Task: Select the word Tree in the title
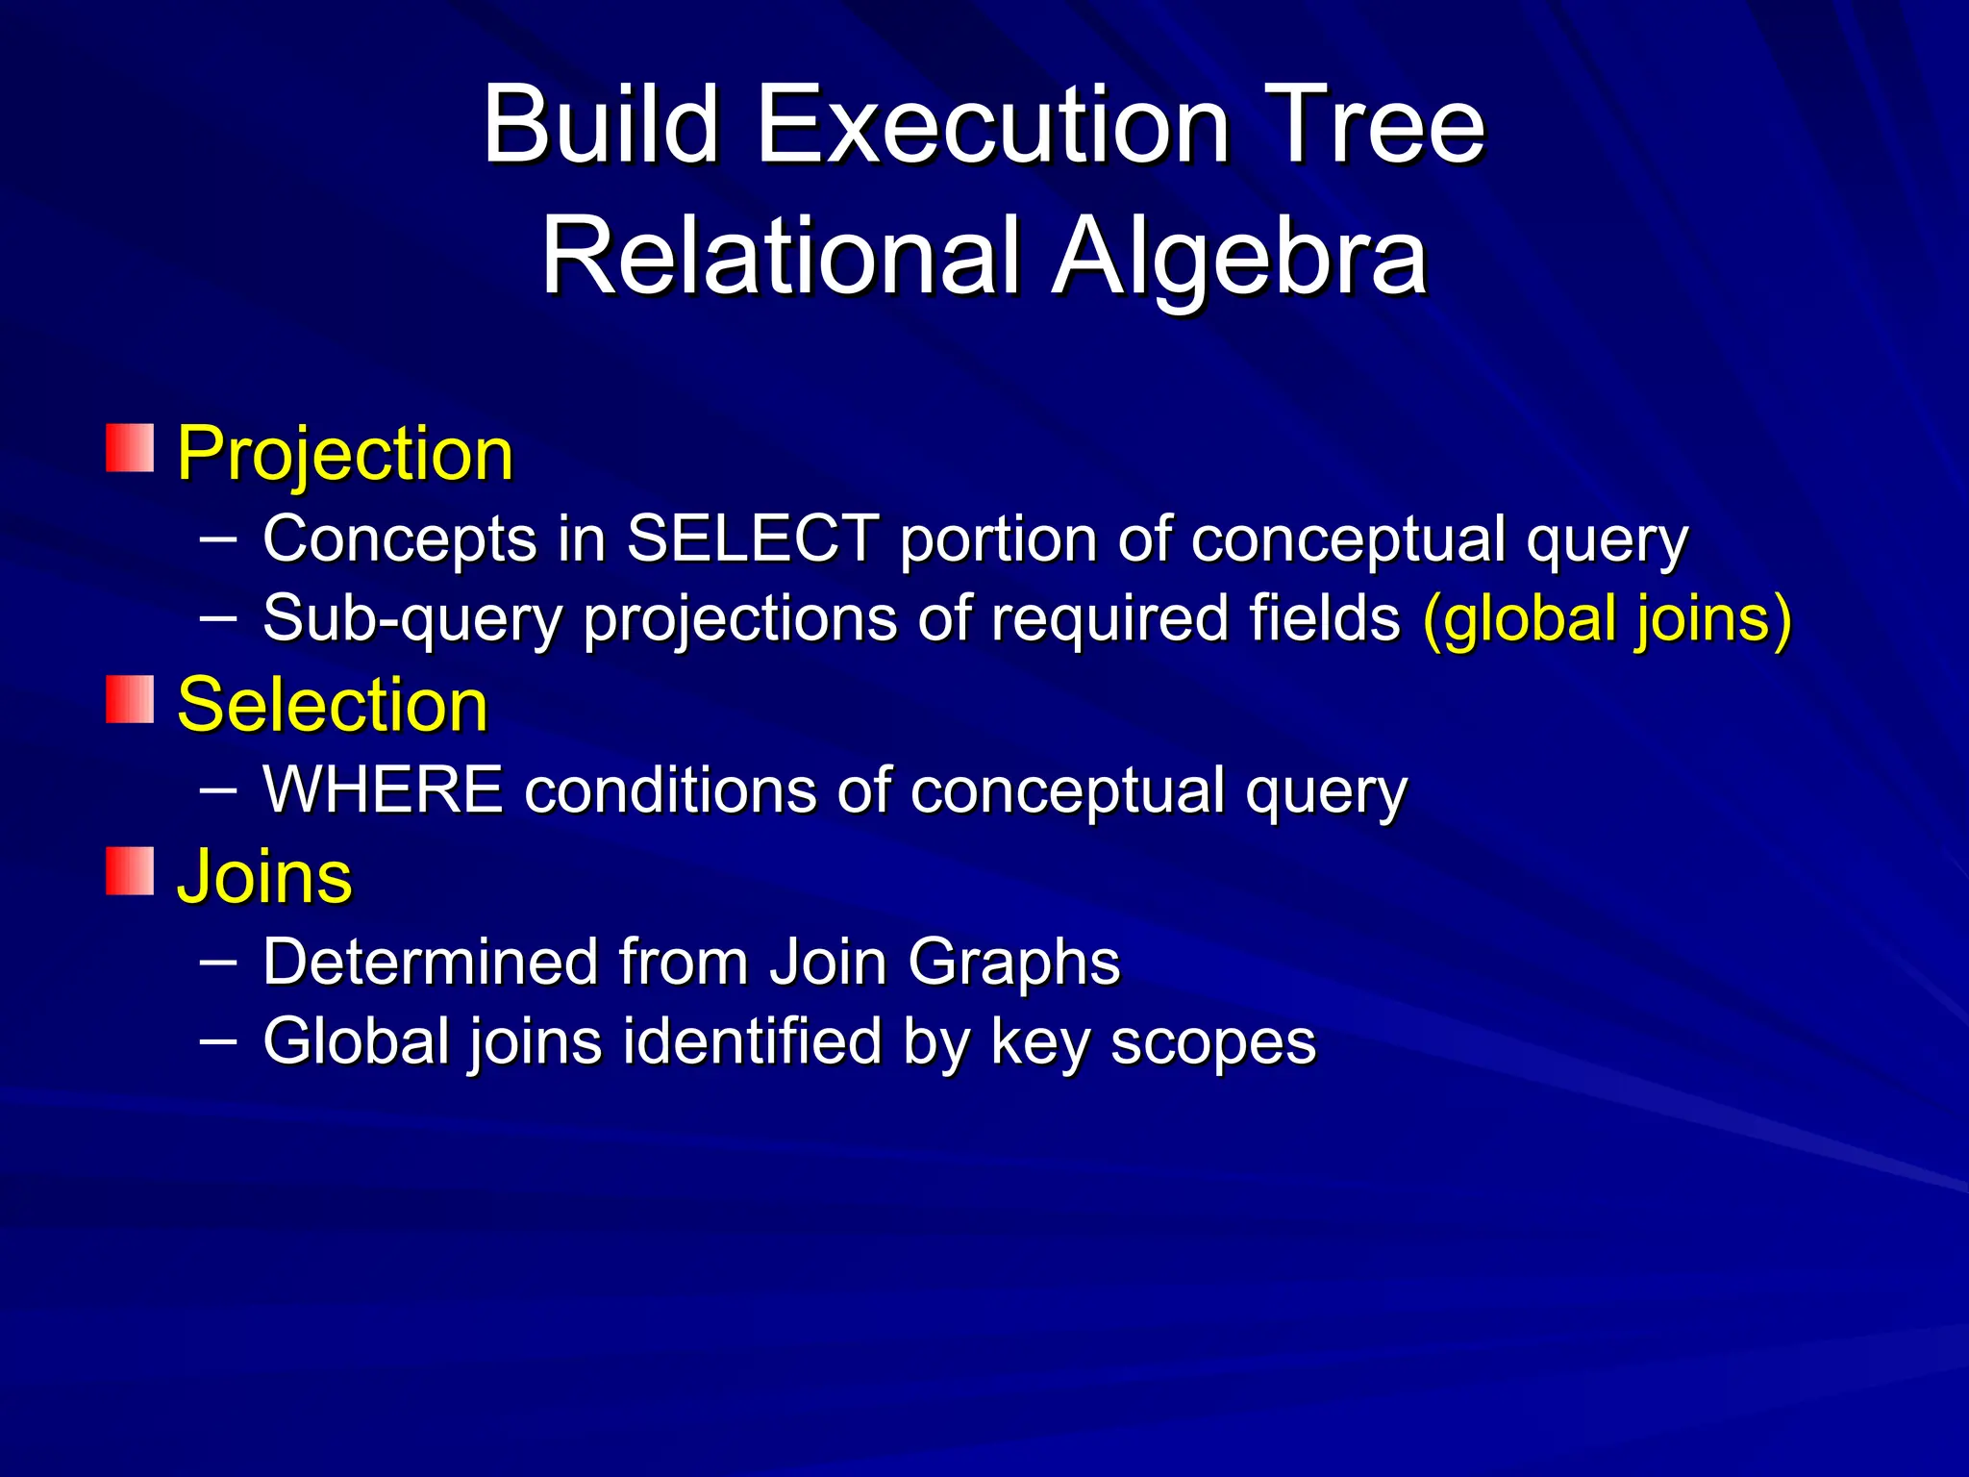pos(1374,125)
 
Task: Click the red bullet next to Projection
pos(130,448)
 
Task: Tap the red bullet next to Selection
pos(130,699)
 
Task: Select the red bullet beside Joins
pos(130,871)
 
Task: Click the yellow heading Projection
pos(345,454)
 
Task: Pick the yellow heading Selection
pos(333,705)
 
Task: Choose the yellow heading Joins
pos(264,877)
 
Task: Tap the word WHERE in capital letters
pos(383,790)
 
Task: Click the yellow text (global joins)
pos(1607,618)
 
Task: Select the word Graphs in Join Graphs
pos(1013,962)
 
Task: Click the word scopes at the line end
pos(1212,1041)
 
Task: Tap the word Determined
pos(430,962)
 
